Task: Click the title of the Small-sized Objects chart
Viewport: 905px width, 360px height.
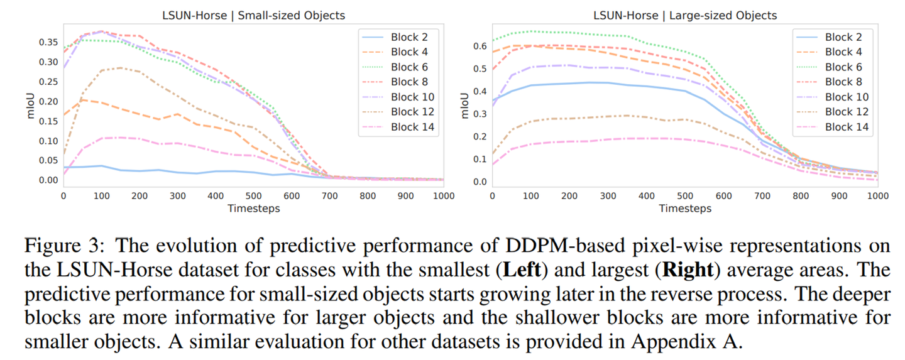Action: pyautogui.click(x=253, y=15)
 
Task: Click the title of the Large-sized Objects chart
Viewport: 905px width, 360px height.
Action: pyautogui.click(x=685, y=15)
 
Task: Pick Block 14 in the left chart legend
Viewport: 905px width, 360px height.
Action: pyautogui.click(x=412, y=128)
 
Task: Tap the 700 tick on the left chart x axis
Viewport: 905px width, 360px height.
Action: pyautogui.click(x=329, y=196)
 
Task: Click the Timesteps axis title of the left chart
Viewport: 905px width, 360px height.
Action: pyautogui.click(x=253, y=208)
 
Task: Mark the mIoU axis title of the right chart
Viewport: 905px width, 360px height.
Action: pyautogui.click(x=466, y=106)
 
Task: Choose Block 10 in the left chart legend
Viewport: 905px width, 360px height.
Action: pyautogui.click(x=412, y=97)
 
